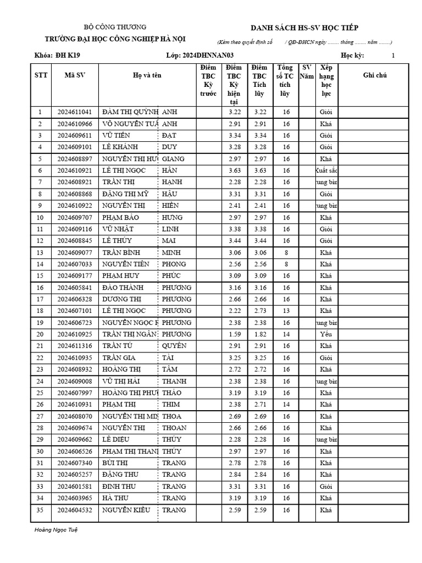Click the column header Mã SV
[75, 75]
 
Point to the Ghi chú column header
[375, 75]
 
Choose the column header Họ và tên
[147, 75]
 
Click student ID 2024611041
[75, 112]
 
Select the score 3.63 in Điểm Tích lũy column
[260, 170]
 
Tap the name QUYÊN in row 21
[174, 346]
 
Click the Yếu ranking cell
[326, 334]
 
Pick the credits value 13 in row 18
[286, 311]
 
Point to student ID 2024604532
[75, 510]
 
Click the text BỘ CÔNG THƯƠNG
[115, 27]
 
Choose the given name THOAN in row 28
[174, 428]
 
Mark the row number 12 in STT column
[40, 241]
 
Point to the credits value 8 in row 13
[286, 252]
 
